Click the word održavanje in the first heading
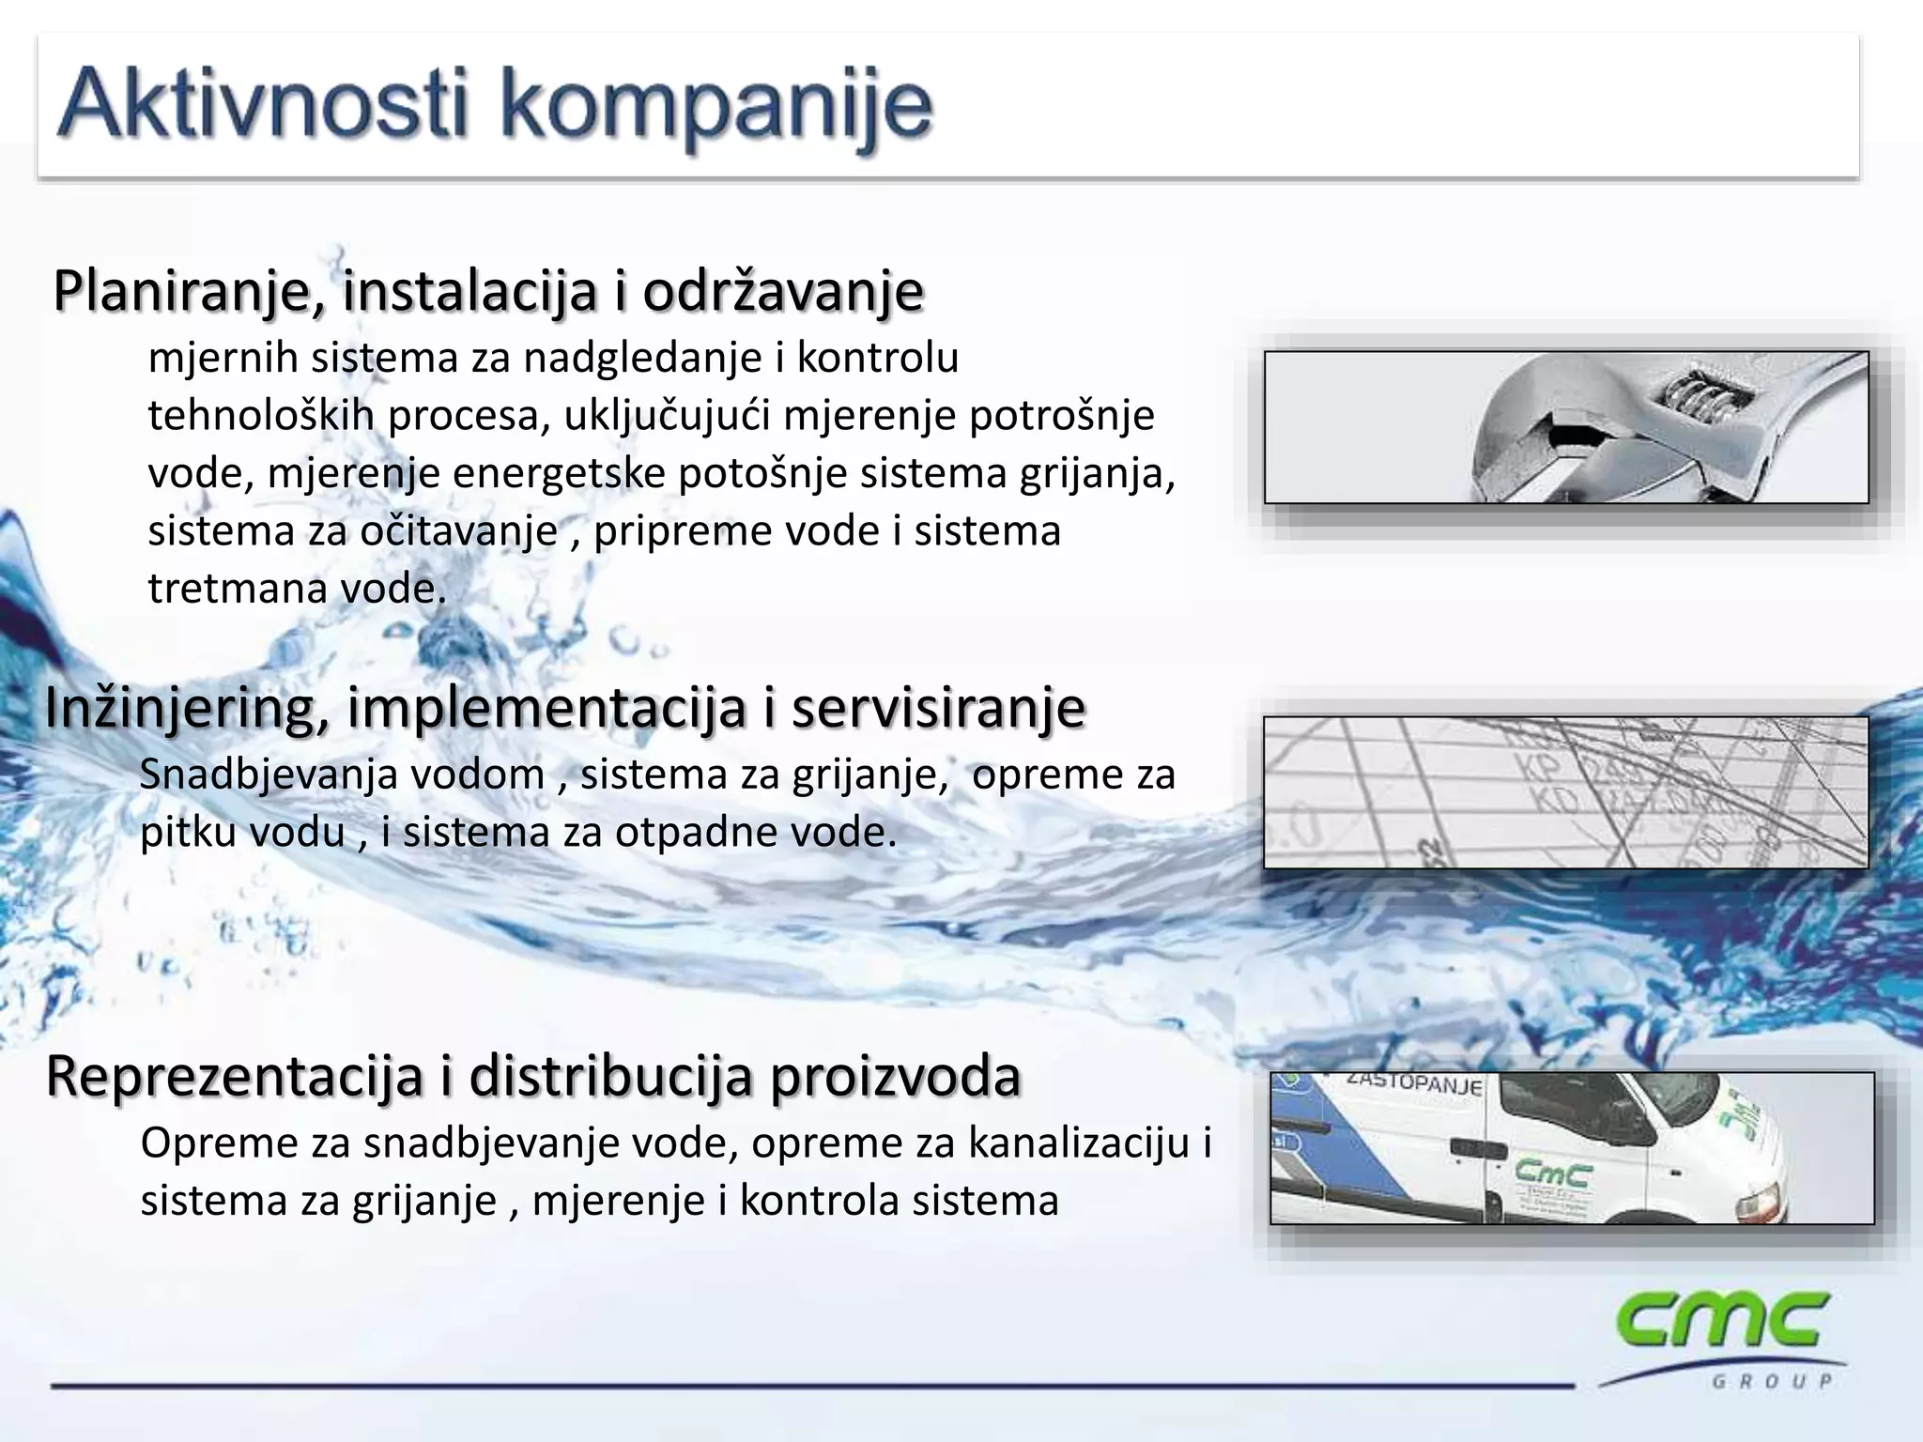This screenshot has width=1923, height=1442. point(783,290)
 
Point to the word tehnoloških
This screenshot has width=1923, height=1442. point(261,415)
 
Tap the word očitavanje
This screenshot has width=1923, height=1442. point(459,530)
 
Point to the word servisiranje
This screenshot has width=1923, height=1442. point(938,708)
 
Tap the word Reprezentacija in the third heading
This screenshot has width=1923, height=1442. point(234,1076)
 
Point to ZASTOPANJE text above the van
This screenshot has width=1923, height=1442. point(1413,1083)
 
